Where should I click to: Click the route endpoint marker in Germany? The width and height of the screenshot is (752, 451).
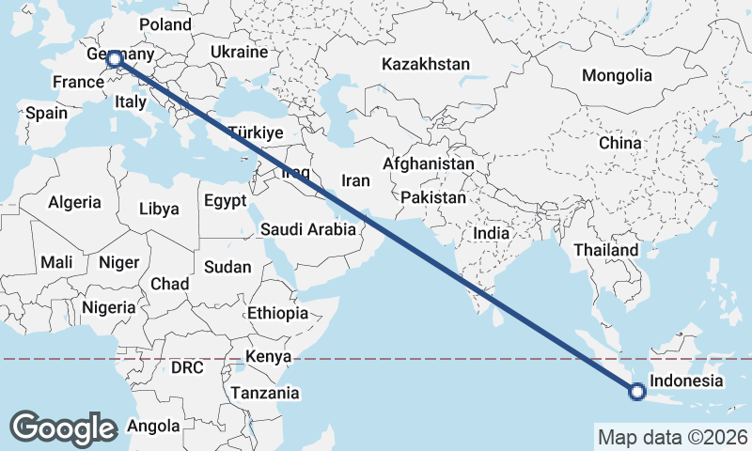coord(115,59)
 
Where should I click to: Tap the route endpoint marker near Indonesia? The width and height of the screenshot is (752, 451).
coord(636,392)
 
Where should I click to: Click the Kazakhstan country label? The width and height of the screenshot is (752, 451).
coord(425,65)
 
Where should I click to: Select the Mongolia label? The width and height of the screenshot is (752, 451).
coord(617,75)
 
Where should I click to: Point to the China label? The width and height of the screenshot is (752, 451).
coord(619,143)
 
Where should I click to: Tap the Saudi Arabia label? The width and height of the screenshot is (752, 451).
coord(308,228)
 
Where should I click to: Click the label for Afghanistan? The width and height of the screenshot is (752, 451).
coord(429,163)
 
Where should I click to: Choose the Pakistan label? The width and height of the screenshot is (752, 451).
coord(432,198)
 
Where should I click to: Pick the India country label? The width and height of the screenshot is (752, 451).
coord(491,233)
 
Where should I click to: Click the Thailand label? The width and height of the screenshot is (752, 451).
coord(606,250)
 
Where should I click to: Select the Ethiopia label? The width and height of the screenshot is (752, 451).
coord(277,313)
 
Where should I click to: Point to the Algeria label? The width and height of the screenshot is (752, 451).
coord(74,202)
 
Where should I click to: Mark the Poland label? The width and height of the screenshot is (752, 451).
coord(164,24)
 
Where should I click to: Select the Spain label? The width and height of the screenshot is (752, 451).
coord(46,113)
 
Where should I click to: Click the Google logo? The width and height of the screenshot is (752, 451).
coord(63,428)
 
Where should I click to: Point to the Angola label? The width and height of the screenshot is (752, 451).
coord(152,426)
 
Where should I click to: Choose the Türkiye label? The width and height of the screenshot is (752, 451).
coord(255,132)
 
